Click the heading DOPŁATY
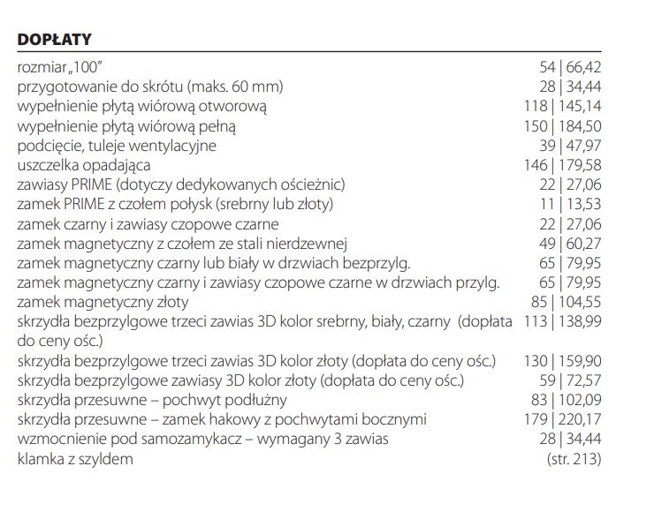[55, 41]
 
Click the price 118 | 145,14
[563, 107]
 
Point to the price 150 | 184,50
[563, 126]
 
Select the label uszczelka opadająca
[84, 165]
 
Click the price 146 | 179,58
[563, 165]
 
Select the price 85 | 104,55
[567, 302]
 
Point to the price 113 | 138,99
[563, 322]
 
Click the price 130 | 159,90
[563, 361]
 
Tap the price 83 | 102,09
[567, 400]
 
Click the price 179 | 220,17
[563, 419]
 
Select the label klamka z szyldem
[75, 459]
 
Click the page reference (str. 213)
[574, 459]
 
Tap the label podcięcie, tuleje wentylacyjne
[117, 146]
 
